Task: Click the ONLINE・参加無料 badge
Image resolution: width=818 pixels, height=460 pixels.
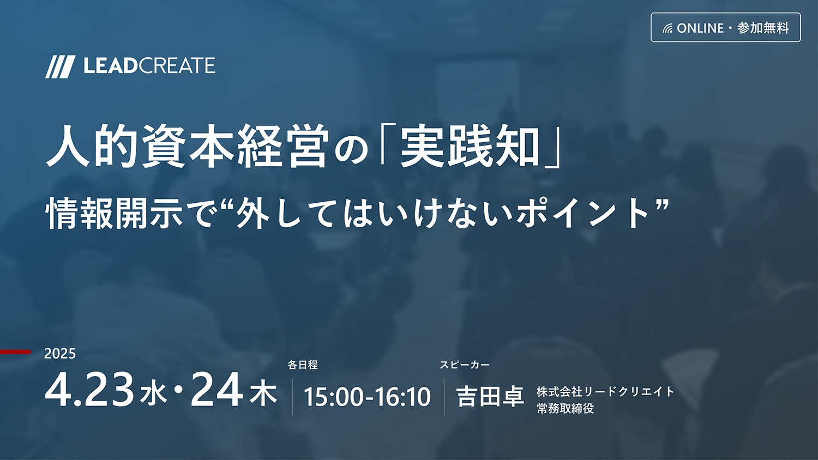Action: (x=726, y=28)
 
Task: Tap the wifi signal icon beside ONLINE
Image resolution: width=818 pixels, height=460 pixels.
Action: (x=667, y=28)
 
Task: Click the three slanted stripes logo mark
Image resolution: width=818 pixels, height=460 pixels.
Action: (x=60, y=67)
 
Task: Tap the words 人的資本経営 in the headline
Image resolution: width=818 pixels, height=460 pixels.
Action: (x=187, y=147)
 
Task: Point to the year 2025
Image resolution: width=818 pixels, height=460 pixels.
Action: (x=60, y=353)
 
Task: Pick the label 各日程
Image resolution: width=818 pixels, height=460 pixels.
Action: (x=303, y=365)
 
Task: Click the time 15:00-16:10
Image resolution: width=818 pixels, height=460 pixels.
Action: (x=368, y=397)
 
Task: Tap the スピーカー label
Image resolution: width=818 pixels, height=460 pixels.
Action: (x=465, y=365)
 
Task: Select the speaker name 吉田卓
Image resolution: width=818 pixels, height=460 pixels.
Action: (x=490, y=396)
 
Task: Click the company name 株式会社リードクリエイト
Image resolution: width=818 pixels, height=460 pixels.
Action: (x=605, y=392)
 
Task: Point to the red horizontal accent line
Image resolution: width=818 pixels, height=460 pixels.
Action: (x=15, y=352)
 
